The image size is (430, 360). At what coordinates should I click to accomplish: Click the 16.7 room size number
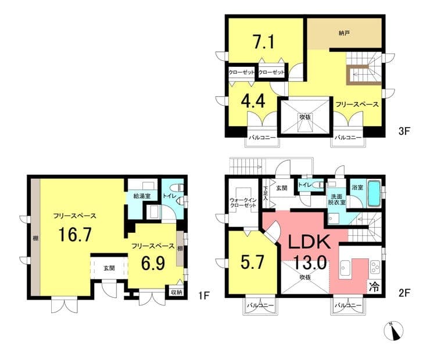coord(75,235)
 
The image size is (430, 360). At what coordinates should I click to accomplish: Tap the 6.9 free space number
coord(153,263)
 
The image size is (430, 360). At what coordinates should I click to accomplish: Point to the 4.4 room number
coord(253,101)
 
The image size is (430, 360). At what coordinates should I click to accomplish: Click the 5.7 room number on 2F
coord(253,262)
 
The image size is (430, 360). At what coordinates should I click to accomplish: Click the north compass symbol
coord(395,331)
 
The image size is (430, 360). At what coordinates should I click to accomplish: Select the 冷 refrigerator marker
coord(375,287)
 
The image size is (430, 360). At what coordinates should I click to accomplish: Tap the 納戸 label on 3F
coord(344,34)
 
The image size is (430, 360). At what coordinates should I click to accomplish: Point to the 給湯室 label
coord(142,196)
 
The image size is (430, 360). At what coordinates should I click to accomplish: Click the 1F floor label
coord(204,296)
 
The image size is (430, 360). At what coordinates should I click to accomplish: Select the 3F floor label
coord(404,131)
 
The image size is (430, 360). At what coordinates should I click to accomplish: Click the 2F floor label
coord(404,293)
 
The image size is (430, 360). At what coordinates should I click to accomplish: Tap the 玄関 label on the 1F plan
coord(109,268)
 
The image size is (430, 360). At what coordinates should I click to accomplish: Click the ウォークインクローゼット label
coord(243,203)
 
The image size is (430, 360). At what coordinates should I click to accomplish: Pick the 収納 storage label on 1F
coord(176,292)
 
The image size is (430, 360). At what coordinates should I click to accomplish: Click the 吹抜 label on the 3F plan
coord(305,117)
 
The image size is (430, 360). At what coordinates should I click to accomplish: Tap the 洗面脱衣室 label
coord(337,200)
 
